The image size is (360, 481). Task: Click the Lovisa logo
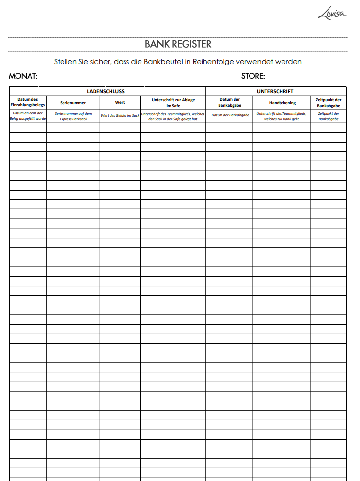point(332,13)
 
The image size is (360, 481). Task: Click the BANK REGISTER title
point(178,44)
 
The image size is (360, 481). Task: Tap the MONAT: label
point(23,76)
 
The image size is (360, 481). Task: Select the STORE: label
point(253,76)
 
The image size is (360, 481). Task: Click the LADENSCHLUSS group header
point(106,91)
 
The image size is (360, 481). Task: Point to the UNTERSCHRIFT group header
point(275,91)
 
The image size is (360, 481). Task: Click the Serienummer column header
point(73,103)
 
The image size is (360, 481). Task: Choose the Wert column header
point(120,103)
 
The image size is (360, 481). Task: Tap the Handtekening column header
point(282,103)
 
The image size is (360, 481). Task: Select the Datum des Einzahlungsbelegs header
point(28,102)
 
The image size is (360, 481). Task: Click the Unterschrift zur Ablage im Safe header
point(173,102)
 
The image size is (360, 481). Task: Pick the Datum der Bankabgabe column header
point(230,102)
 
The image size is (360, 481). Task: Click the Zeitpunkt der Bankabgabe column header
point(329,102)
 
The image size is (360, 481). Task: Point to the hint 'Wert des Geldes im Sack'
point(120,116)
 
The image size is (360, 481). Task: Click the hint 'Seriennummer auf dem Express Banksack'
point(73,116)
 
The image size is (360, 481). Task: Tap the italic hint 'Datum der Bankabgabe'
point(230,116)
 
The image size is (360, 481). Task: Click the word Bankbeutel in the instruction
point(160,62)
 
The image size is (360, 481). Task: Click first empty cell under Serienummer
point(73,128)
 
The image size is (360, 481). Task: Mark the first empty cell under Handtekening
point(282,128)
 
